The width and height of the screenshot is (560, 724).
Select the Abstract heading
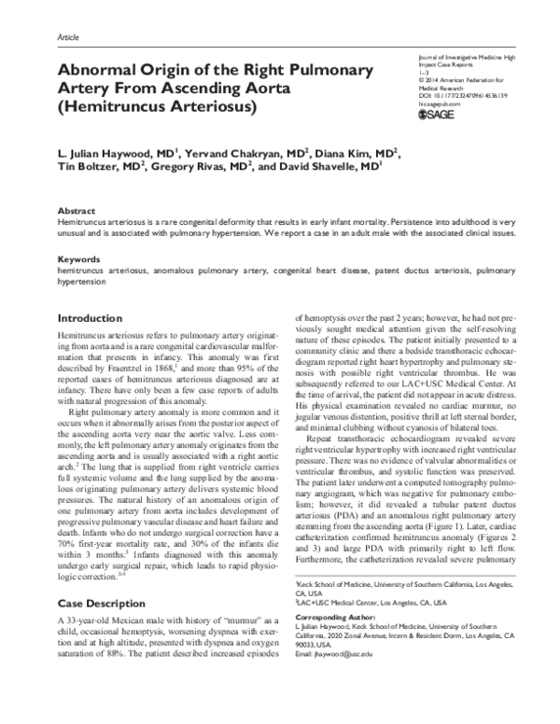pyautogui.click(x=78, y=212)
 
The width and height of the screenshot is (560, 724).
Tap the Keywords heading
pyautogui.click(x=80, y=258)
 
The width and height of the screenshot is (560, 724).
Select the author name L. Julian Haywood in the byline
pyautogui.click(x=105, y=152)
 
